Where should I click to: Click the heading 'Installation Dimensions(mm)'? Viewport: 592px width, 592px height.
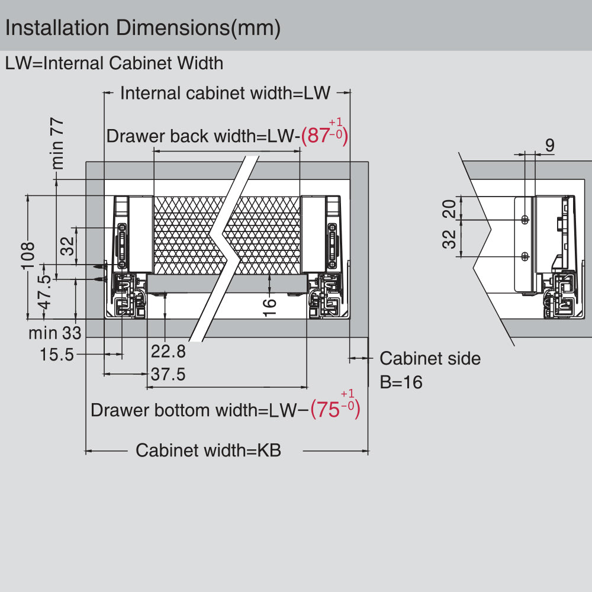(x=142, y=28)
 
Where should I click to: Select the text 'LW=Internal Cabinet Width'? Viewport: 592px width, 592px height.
(x=114, y=63)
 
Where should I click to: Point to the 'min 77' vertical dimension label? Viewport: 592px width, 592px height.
(x=57, y=143)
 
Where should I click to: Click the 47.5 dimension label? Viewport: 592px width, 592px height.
(x=44, y=292)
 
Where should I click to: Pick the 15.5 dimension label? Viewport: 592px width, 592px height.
(x=57, y=355)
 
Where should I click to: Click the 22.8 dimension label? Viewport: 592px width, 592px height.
(x=168, y=352)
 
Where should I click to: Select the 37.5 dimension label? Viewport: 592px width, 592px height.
(x=168, y=374)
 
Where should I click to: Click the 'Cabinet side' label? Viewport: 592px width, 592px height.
(x=430, y=358)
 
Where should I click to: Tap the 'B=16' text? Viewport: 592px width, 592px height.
(x=401, y=382)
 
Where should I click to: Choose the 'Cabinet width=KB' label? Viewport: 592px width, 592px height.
(x=208, y=451)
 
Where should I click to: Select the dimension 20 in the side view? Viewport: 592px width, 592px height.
(x=450, y=209)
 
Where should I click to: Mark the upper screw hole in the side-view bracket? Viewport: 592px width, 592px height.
(x=525, y=220)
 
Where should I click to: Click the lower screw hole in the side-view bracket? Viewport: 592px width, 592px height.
(x=525, y=256)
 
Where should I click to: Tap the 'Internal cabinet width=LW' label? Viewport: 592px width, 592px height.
(x=225, y=93)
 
